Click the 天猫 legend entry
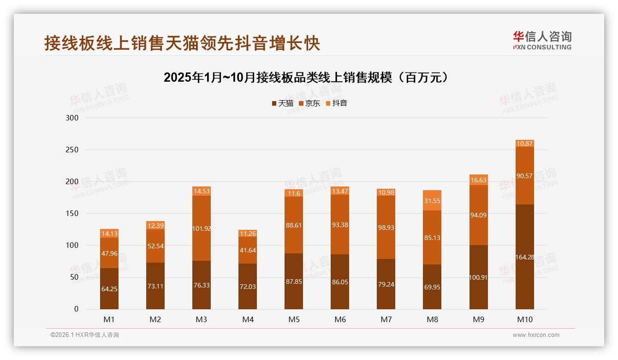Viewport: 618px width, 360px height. (x=282, y=103)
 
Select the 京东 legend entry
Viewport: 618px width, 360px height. (x=309, y=103)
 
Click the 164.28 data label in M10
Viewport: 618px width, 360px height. (x=525, y=257)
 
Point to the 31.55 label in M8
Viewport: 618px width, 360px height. (x=432, y=201)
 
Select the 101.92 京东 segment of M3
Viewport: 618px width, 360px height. (x=202, y=228)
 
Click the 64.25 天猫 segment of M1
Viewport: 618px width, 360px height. (x=109, y=289)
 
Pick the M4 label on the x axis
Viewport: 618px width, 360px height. (x=248, y=319)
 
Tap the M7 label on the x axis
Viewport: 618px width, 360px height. (x=386, y=319)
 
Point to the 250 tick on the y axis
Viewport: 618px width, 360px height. (x=73, y=150)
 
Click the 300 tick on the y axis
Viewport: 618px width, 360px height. (x=73, y=118)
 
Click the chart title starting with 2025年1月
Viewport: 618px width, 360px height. (x=306, y=78)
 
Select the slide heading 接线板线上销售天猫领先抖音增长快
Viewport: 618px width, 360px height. (x=182, y=43)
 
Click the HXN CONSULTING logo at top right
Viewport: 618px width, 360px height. (x=542, y=41)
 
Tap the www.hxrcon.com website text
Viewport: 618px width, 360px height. (x=536, y=335)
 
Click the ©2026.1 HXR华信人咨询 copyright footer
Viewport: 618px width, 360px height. (x=85, y=335)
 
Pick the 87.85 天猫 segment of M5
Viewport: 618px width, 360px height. (x=294, y=281)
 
